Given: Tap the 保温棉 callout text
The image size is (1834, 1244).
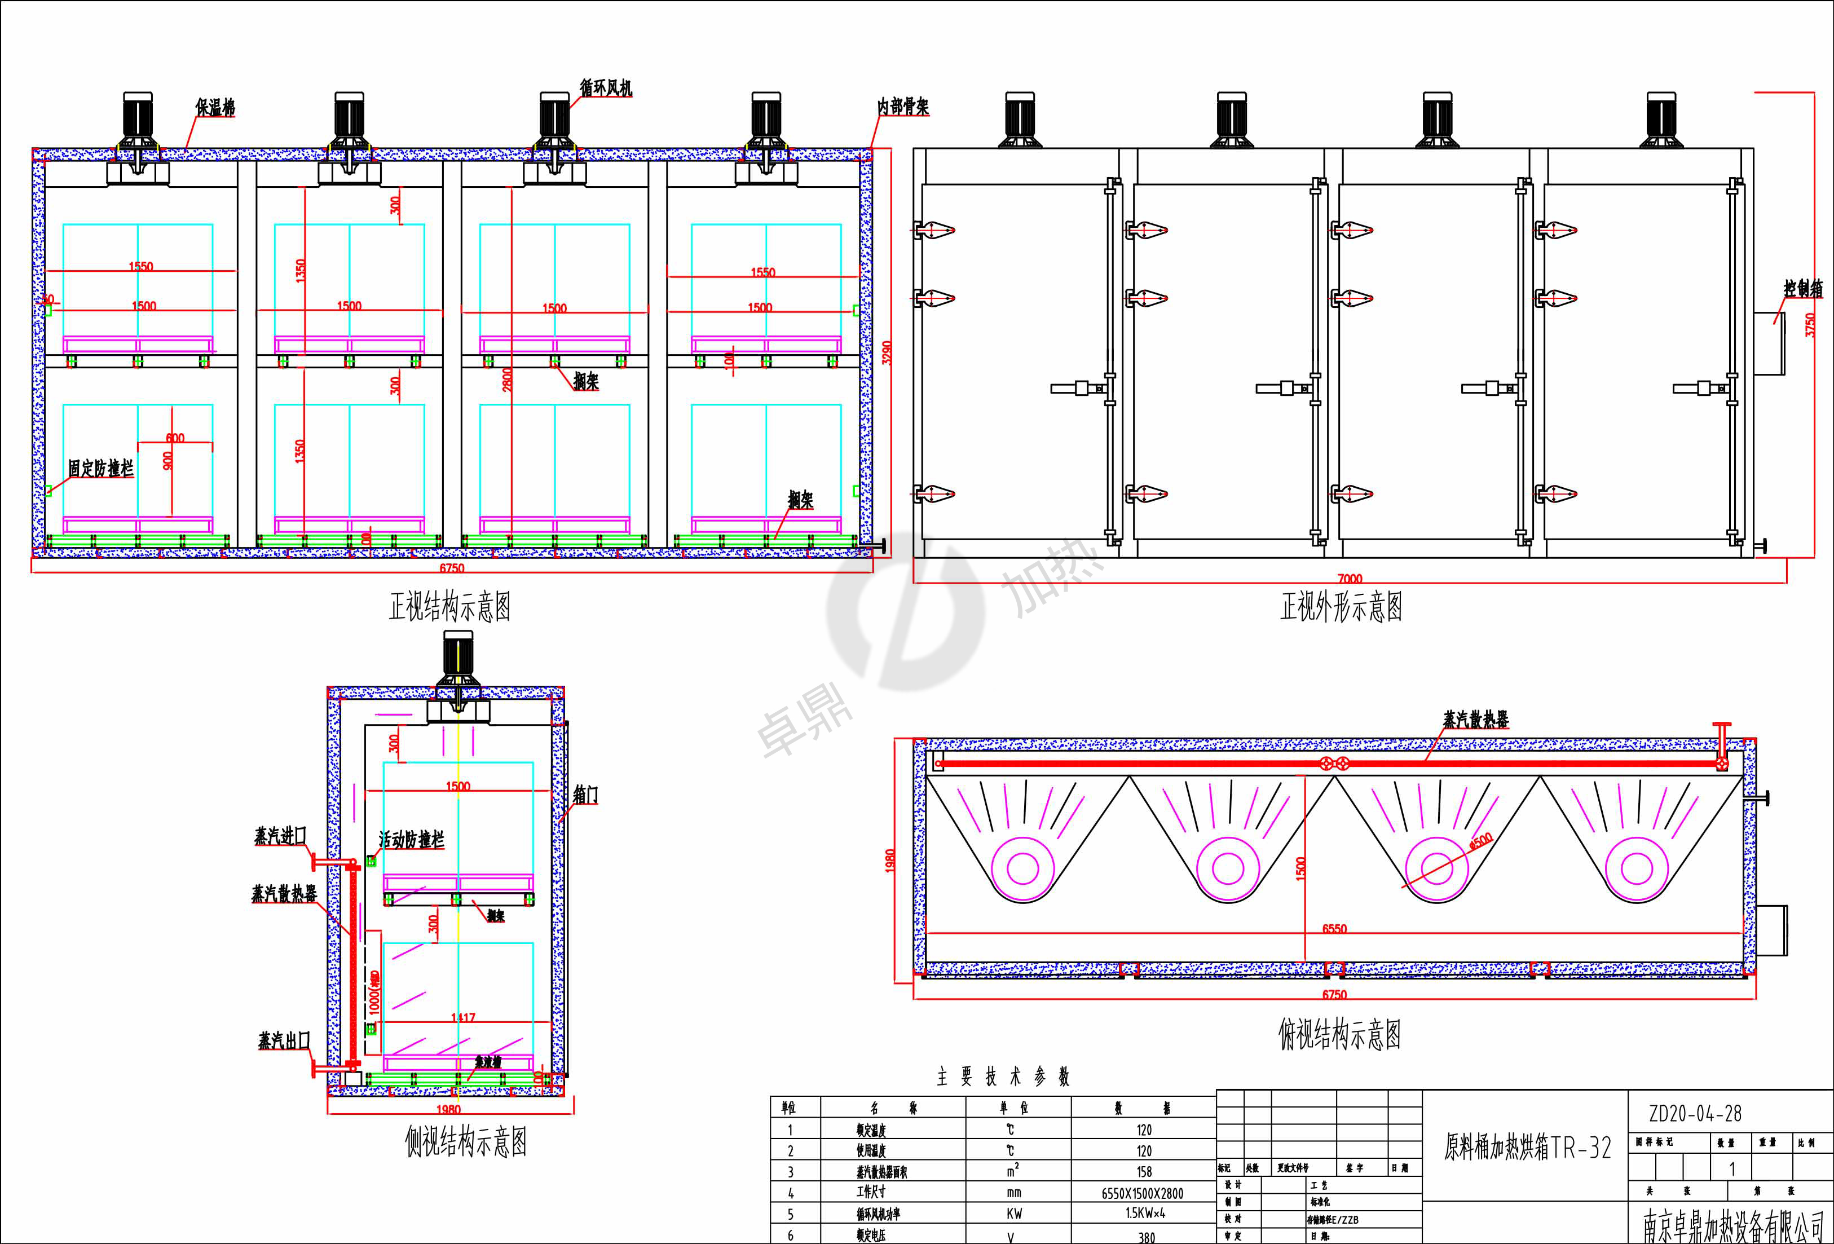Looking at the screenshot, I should tap(215, 107).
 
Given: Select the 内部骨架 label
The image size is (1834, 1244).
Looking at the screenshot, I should tap(903, 107).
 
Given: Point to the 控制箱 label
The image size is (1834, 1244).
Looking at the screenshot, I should tap(1803, 289).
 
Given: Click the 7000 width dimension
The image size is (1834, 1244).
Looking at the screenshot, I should tap(1350, 579).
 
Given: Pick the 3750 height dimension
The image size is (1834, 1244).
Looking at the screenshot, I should tap(1810, 324).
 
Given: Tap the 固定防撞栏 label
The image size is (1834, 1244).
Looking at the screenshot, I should tap(100, 468).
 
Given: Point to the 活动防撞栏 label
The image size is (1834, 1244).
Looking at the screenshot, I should tap(411, 839).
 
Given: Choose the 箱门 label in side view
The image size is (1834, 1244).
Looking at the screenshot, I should tap(585, 795).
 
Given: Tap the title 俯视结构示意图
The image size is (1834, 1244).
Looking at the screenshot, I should tap(1339, 1034).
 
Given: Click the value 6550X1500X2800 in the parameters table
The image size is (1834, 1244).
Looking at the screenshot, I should tap(1142, 1193).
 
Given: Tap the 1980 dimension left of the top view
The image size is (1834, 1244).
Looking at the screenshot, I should tap(889, 861).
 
